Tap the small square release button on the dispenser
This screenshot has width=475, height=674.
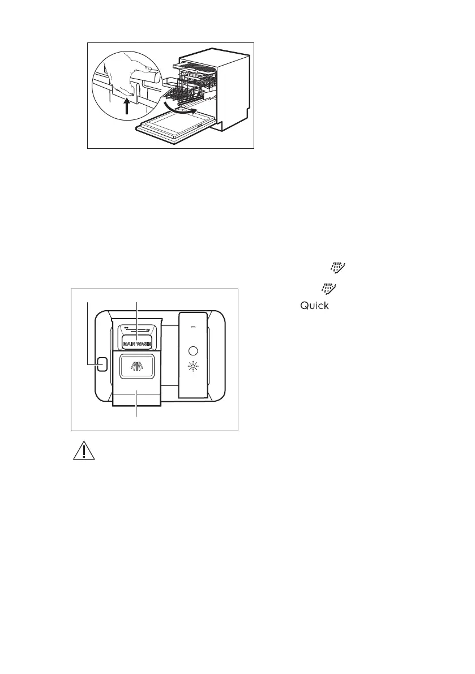(x=101, y=364)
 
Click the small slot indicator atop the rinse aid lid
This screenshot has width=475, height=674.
(x=194, y=327)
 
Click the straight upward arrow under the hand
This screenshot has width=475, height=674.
(x=127, y=105)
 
